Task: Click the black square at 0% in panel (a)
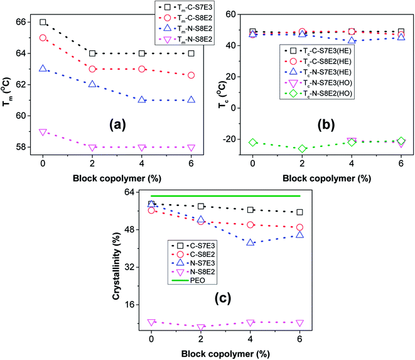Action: click(x=43, y=22)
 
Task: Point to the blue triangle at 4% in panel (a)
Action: click(x=142, y=100)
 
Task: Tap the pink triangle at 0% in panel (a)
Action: click(x=43, y=132)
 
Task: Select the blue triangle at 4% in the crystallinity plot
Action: click(x=251, y=242)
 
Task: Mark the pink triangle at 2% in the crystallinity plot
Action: click(x=201, y=328)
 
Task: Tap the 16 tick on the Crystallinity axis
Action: click(x=130, y=305)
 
